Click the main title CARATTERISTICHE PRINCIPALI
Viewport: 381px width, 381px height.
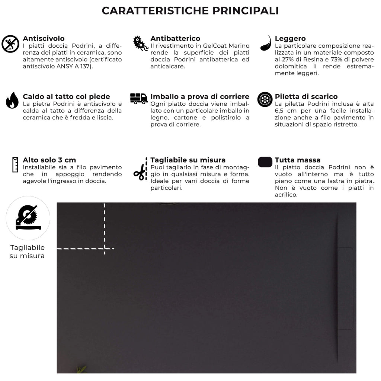(x=190, y=10)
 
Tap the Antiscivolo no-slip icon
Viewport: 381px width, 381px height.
(x=10, y=44)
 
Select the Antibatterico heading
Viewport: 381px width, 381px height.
(x=175, y=38)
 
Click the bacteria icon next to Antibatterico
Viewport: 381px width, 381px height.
(x=141, y=44)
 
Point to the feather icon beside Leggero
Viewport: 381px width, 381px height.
(x=265, y=43)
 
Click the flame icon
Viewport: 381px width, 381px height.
(x=12, y=100)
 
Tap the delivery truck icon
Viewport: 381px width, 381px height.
(x=139, y=99)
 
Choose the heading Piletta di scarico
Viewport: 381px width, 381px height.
(x=306, y=96)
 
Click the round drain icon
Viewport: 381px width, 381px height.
(x=265, y=99)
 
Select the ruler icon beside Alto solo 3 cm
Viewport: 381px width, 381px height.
(x=15, y=164)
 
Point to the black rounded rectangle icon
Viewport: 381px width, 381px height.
(x=265, y=162)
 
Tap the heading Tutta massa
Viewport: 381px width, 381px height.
(x=298, y=160)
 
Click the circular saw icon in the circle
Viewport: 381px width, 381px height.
(x=28, y=218)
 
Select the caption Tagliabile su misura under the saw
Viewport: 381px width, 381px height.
(x=27, y=252)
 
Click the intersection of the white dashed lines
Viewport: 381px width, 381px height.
(x=105, y=248)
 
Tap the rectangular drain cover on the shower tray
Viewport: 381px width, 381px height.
(x=345, y=288)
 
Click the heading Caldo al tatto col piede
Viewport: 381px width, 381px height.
(x=66, y=97)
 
